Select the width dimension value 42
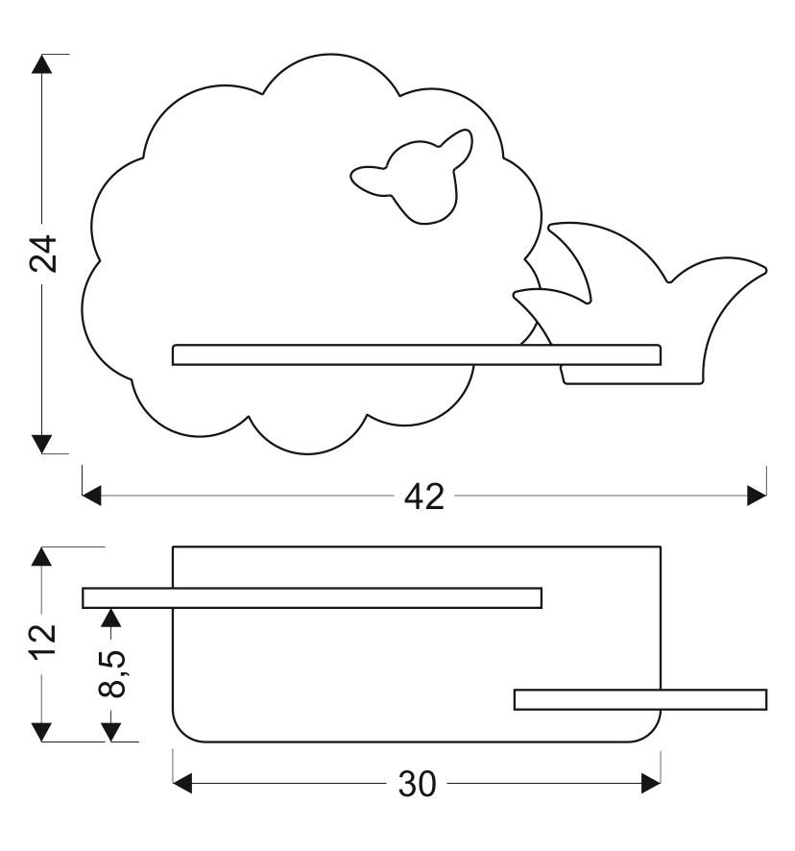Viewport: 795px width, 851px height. tap(423, 496)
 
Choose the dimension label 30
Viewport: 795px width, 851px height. tap(417, 784)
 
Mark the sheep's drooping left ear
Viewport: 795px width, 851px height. tap(370, 179)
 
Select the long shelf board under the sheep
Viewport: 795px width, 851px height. tap(416, 354)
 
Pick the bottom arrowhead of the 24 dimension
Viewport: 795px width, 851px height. tap(41, 443)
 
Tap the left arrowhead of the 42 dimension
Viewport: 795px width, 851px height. tap(92, 496)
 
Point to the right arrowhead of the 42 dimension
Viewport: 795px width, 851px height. tap(757, 496)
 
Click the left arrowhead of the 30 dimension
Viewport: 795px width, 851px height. tap(182, 784)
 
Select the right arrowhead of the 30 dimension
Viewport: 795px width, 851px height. tap(651, 784)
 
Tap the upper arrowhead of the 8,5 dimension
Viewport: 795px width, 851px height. tap(112, 618)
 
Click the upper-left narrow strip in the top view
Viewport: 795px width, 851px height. tap(312, 597)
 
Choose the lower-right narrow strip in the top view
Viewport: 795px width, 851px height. tap(640, 699)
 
